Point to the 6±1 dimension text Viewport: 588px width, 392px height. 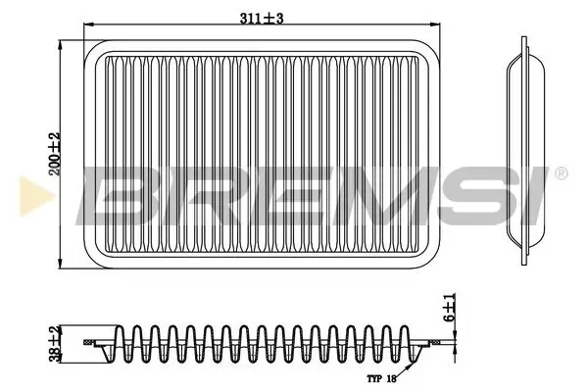pyautogui.click(x=450, y=311)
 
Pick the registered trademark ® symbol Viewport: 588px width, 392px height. pyautogui.click(x=561, y=174)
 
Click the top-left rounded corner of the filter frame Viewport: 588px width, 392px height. pyautogui.click(x=91, y=47)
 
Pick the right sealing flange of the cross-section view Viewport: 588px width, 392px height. pyautogui.click(x=431, y=343)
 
